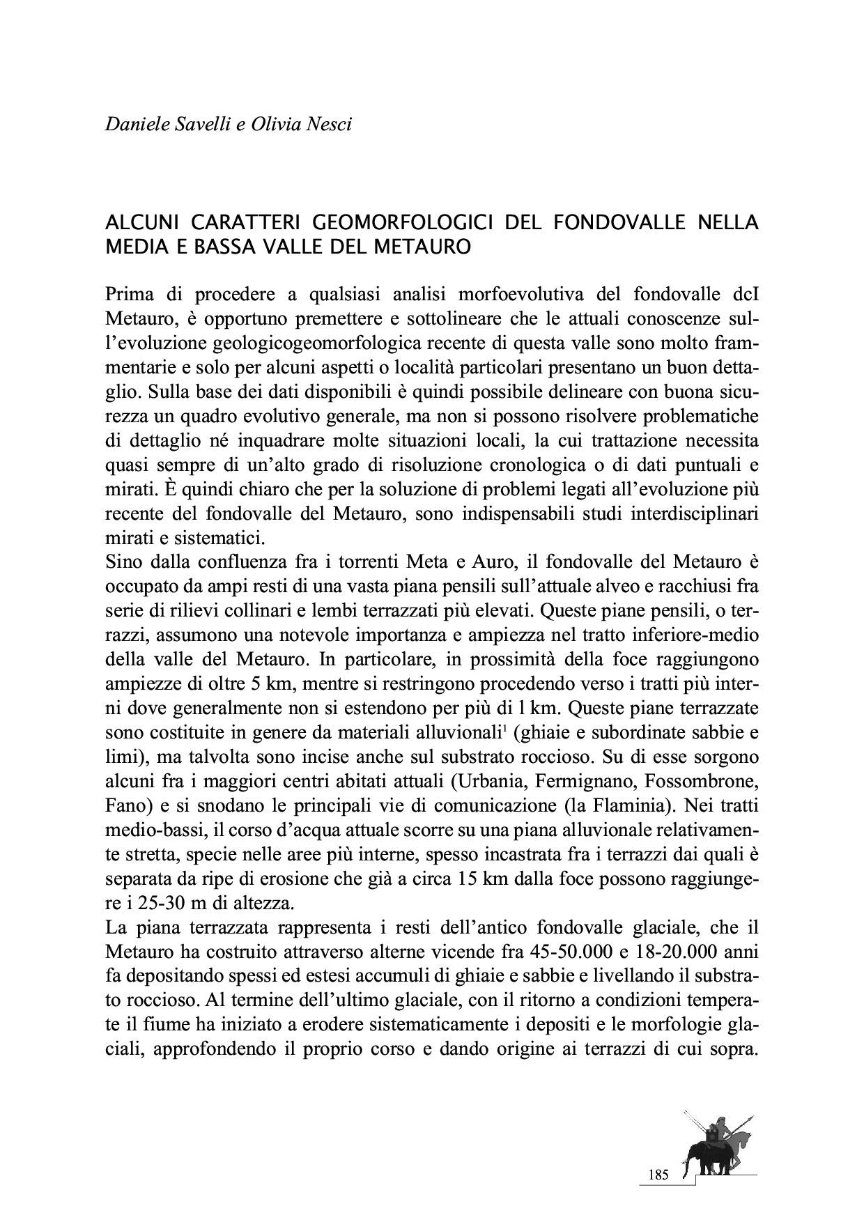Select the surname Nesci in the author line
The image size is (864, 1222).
[330, 126]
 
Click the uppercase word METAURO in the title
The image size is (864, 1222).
[430, 247]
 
